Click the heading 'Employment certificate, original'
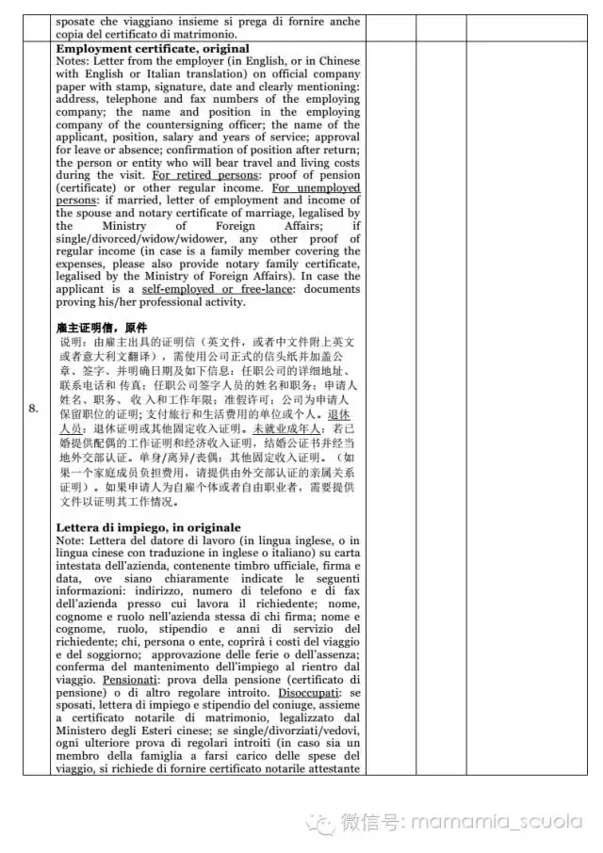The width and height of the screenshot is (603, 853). click(x=153, y=48)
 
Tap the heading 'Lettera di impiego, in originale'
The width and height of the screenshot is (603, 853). click(x=148, y=527)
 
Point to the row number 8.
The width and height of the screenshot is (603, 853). click(x=33, y=408)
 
